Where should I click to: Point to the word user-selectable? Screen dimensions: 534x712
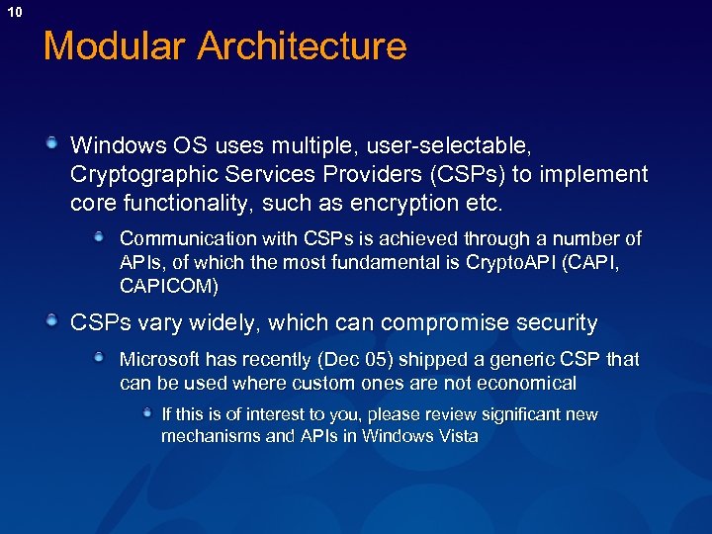click(449, 146)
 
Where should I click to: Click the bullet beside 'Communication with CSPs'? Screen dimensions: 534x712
click(101, 236)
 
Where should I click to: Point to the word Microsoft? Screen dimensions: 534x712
click(157, 359)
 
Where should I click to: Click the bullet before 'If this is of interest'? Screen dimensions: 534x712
click(146, 411)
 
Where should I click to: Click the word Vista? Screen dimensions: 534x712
click(456, 435)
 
